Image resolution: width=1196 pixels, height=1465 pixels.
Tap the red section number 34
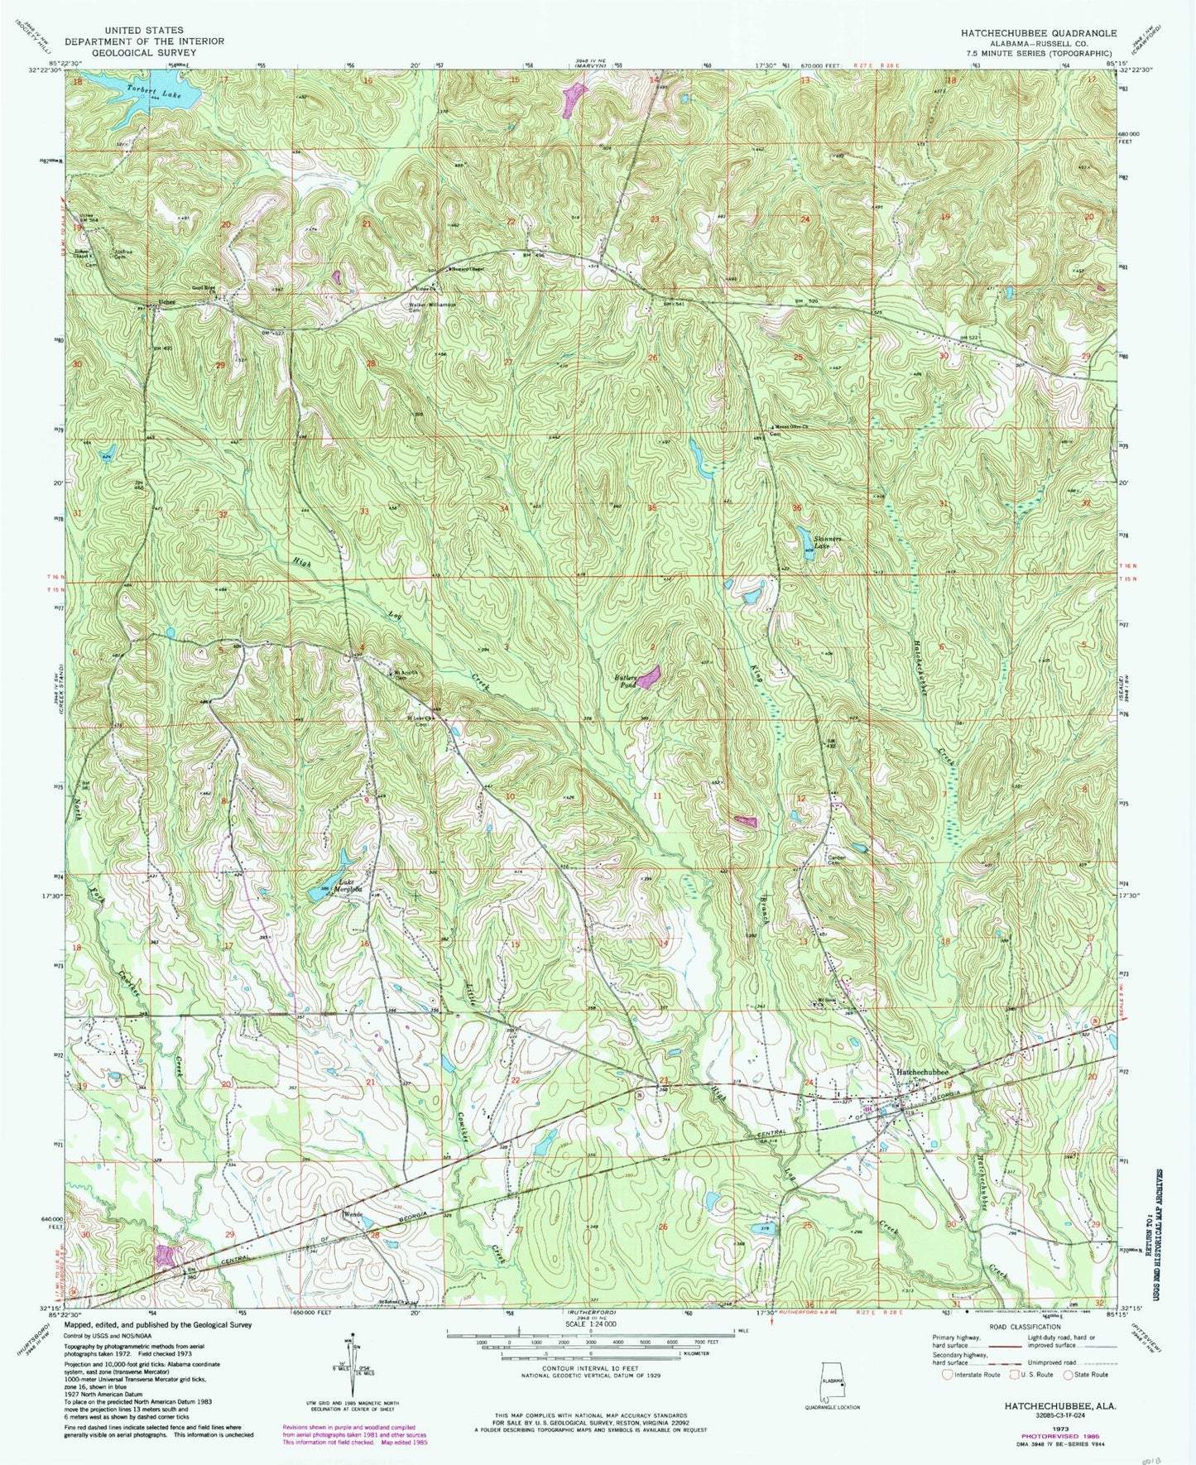[x=504, y=507]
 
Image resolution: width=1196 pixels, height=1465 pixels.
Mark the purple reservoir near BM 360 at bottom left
[x=166, y=1255]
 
